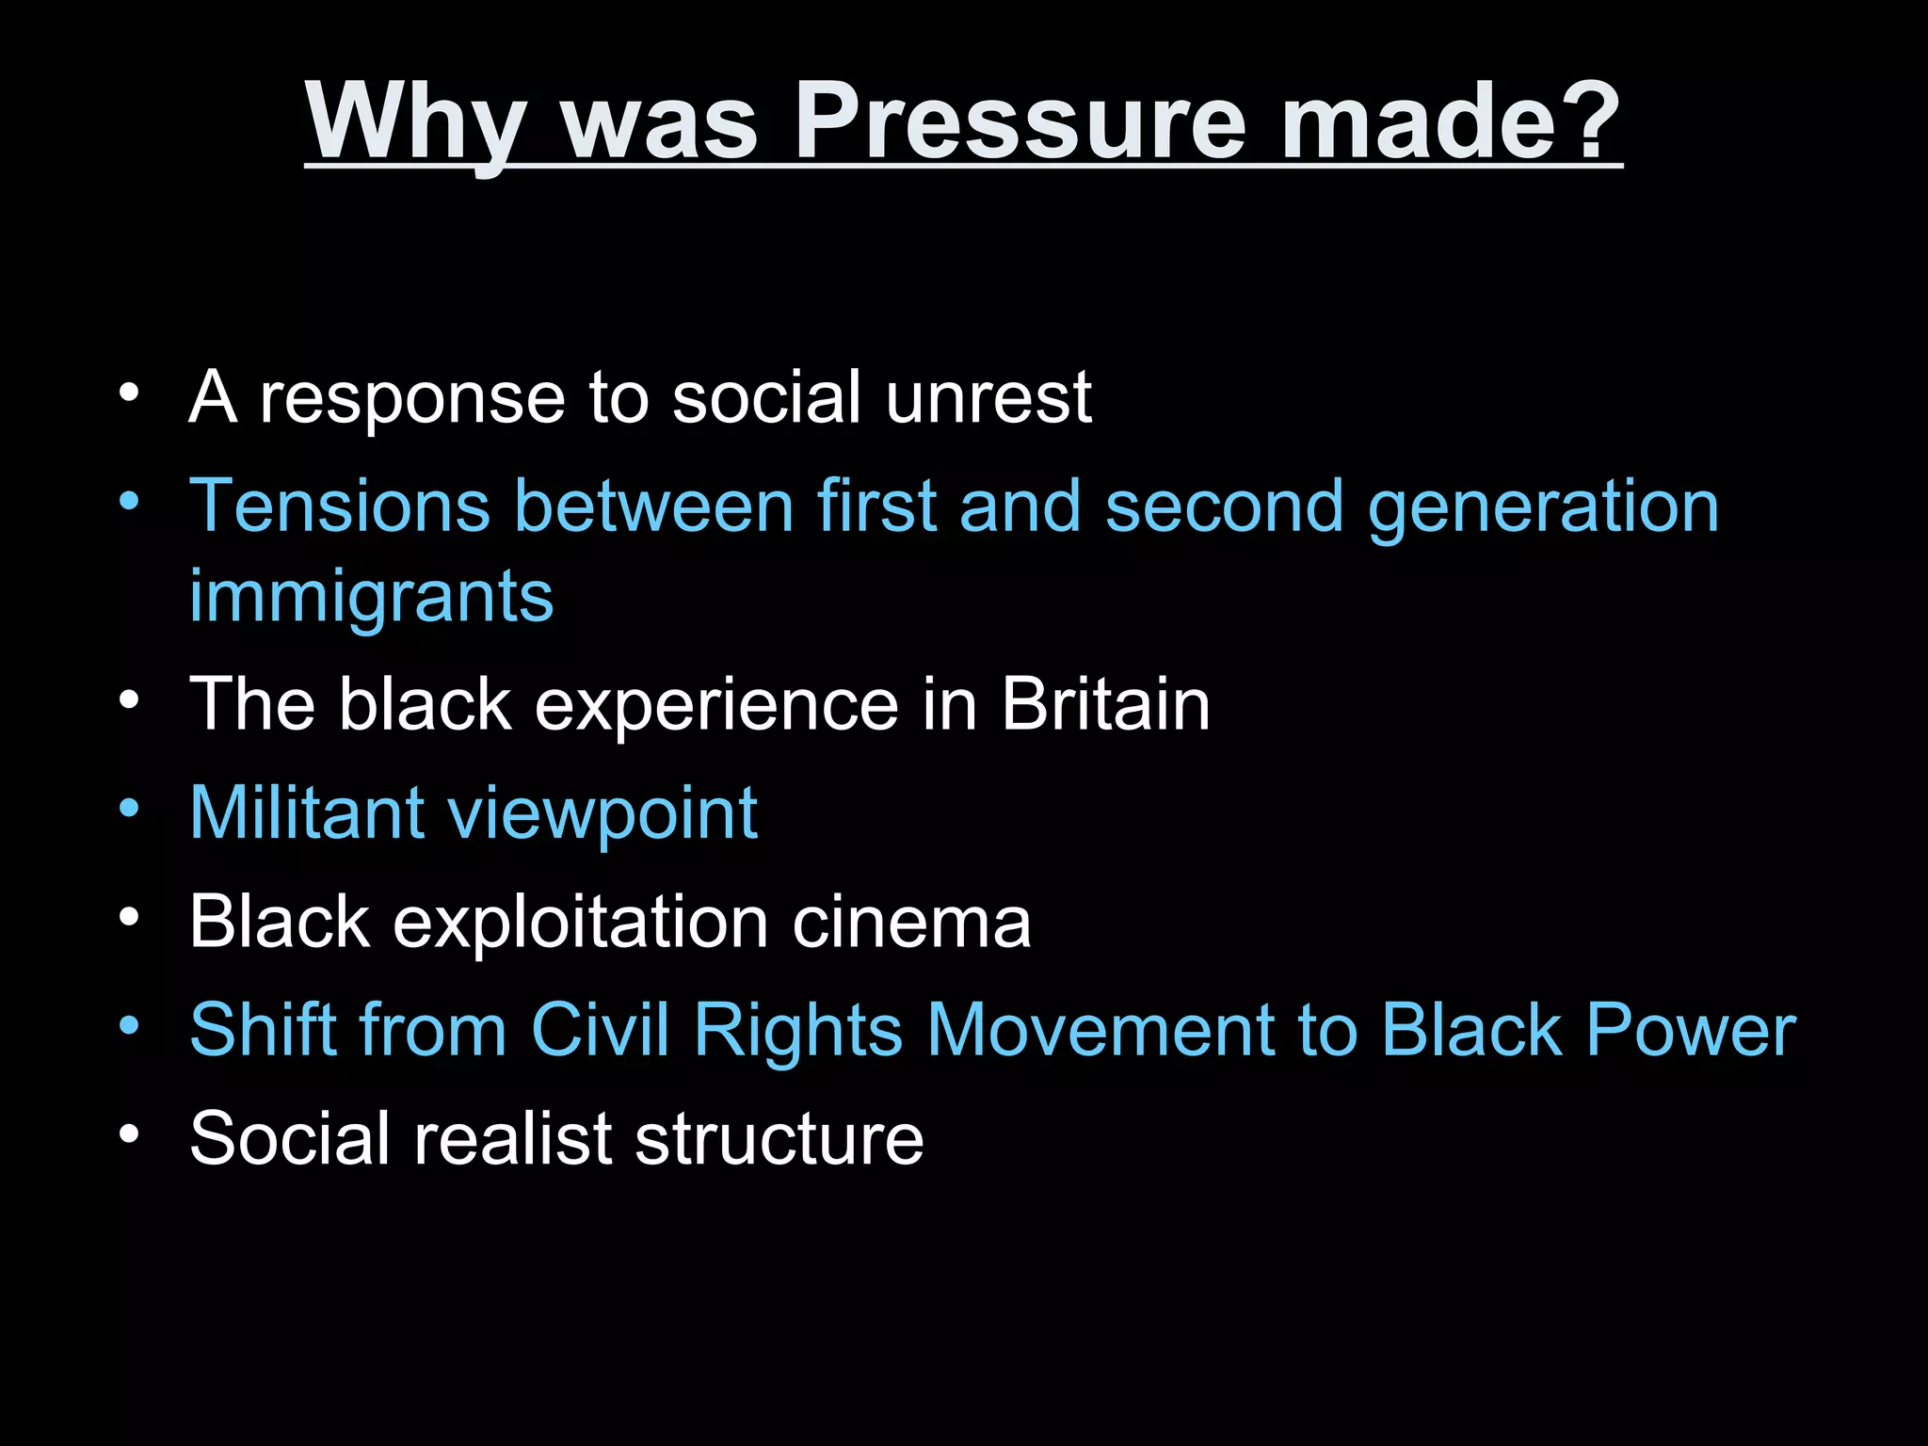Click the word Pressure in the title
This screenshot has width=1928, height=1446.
(x=1020, y=122)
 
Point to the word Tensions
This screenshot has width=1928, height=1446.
(x=340, y=506)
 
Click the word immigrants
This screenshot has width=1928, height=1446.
(x=371, y=597)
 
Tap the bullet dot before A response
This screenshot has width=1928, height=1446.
(x=129, y=391)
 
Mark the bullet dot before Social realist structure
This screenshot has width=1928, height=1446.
(x=129, y=1133)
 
